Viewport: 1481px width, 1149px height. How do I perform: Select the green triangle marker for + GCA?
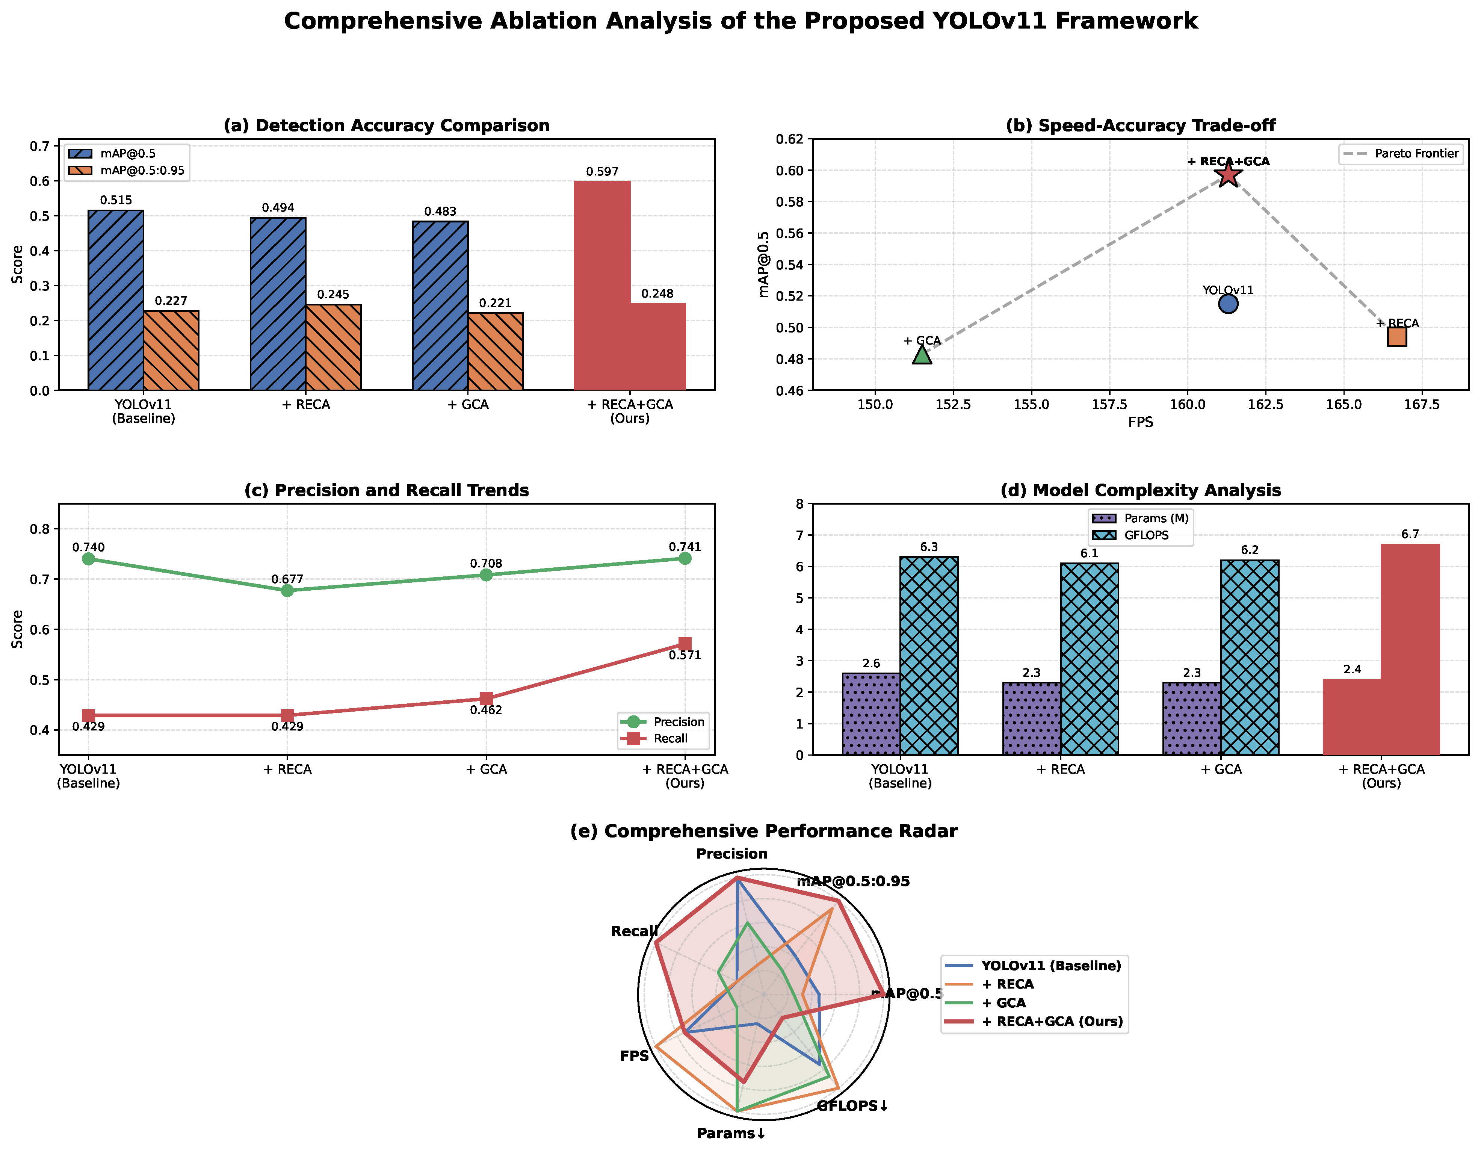[922, 354]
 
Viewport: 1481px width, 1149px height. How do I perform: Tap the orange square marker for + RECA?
[1397, 336]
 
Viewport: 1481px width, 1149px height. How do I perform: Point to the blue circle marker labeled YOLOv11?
[1228, 304]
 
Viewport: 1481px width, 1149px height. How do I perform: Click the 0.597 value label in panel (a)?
[602, 172]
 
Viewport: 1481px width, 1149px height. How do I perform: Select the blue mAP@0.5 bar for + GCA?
[440, 305]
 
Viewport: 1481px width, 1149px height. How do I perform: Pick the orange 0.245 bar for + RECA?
[333, 347]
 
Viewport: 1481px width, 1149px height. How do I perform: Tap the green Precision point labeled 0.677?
[287, 590]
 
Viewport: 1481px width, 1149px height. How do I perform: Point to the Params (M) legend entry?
[1141, 518]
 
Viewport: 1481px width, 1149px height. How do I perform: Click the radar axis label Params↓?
[731, 1133]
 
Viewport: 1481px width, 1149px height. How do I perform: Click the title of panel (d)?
[1141, 490]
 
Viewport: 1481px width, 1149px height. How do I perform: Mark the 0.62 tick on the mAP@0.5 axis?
[791, 139]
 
